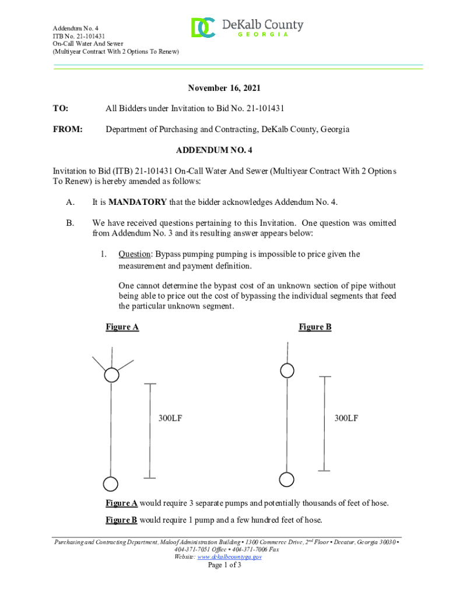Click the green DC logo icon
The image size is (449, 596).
pyautogui.click(x=203, y=27)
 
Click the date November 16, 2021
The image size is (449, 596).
pyautogui.click(x=224, y=88)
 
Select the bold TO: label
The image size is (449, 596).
pyautogui.click(x=61, y=108)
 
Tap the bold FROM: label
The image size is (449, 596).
pyautogui.click(x=68, y=129)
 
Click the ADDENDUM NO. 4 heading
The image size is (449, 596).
pyautogui.click(x=214, y=150)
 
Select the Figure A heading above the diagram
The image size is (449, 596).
pyautogui.click(x=122, y=327)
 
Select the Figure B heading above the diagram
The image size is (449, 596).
pyautogui.click(x=315, y=327)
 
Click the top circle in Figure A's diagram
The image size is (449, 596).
pyautogui.click(x=111, y=375)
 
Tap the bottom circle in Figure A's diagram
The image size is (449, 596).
pyautogui.click(x=110, y=484)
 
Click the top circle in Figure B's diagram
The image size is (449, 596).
pyautogui.click(x=287, y=370)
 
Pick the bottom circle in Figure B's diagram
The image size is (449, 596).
pyautogui.click(x=286, y=479)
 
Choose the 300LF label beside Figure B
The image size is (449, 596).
pyautogui.click(x=346, y=418)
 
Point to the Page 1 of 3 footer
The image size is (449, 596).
pyautogui.click(x=224, y=565)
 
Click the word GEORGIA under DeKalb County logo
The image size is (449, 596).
pyautogui.click(x=262, y=35)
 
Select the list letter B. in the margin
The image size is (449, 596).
pyautogui.click(x=70, y=223)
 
